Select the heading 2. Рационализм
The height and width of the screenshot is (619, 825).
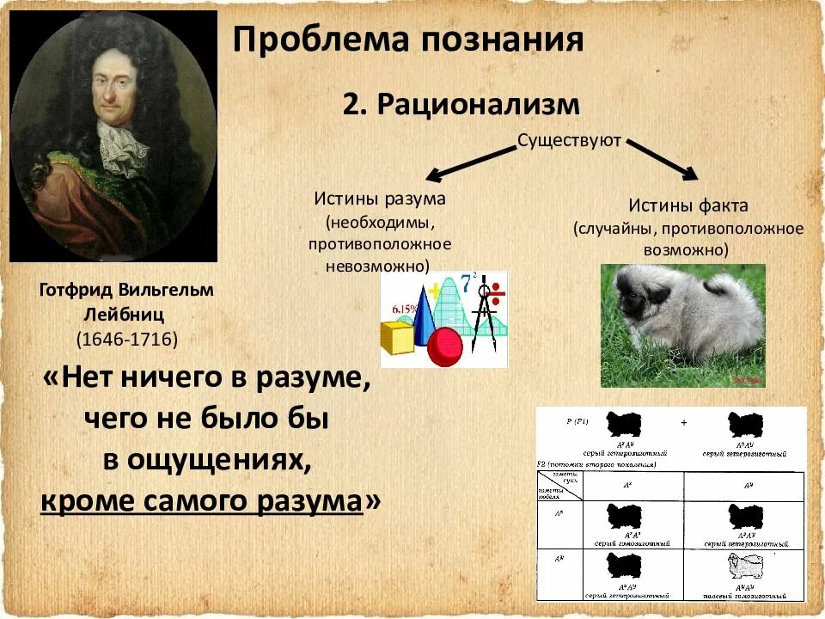click(461, 105)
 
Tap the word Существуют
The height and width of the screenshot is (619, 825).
click(569, 140)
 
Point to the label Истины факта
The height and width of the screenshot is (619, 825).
click(687, 206)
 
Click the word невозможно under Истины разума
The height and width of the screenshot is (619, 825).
click(378, 266)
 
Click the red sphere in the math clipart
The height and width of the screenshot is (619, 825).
click(444, 346)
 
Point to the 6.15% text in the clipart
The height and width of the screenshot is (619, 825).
click(405, 307)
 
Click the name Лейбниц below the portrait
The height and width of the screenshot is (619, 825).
click(126, 314)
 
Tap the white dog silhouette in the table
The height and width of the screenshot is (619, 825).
click(744, 567)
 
